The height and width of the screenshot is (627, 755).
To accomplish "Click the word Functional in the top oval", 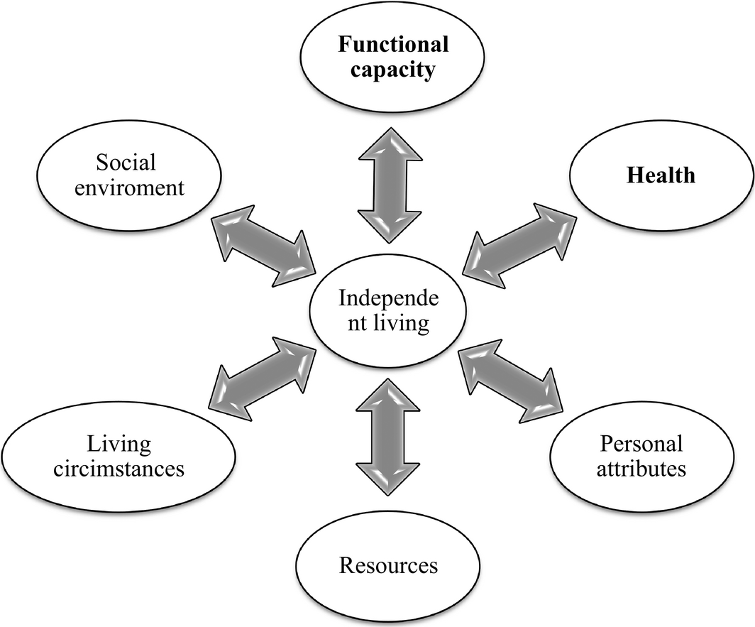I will (x=393, y=45).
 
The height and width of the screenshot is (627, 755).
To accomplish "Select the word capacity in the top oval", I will (x=393, y=71).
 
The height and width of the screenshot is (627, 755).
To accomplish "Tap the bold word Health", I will (x=660, y=175).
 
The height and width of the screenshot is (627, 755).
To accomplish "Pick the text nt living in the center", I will (x=388, y=324).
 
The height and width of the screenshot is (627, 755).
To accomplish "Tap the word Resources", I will (x=388, y=565).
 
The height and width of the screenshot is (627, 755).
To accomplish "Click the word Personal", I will (x=641, y=444).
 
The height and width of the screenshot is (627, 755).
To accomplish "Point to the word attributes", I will (x=641, y=469).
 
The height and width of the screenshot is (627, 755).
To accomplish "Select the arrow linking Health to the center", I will (x=519, y=244).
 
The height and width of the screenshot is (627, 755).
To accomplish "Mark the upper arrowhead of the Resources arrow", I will (x=390, y=395).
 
